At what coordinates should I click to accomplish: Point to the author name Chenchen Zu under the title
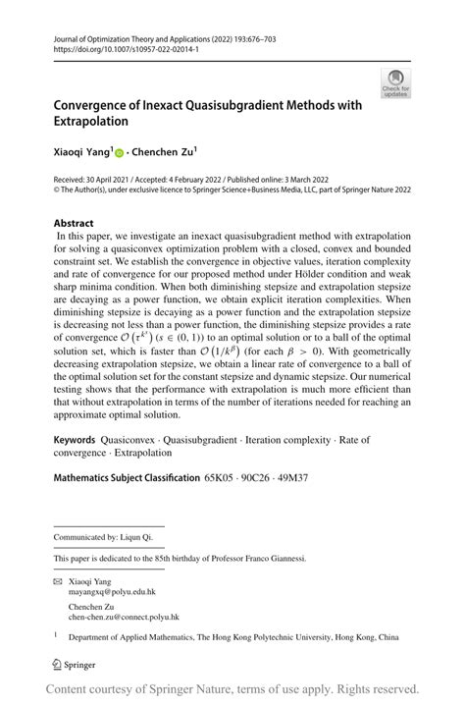click(x=165, y=152)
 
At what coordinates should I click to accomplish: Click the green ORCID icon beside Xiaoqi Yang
click(x=119, y=153)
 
